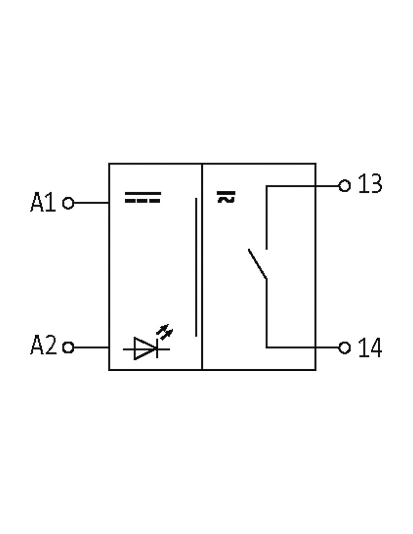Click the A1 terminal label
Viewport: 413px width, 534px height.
click(43, 202)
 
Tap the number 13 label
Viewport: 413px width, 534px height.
click(370, 184)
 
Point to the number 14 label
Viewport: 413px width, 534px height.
click(370, 347)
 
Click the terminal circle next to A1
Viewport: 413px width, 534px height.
click(68, 203)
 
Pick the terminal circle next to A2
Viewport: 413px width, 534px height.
click(68, 347)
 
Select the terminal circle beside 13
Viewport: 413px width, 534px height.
click(344, 186)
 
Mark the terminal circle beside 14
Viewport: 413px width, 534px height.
click(344, 348)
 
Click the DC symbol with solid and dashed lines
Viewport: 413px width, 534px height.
click(143, 197)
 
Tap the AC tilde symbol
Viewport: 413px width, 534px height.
click(226, 197)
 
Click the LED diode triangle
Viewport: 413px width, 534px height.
click(145, 348)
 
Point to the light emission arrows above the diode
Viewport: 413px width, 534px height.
click(164, 332)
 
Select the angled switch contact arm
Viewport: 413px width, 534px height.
click(258, 264)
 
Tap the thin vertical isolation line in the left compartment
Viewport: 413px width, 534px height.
click(196, 267)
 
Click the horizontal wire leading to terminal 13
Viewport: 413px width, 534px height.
click(303, 186)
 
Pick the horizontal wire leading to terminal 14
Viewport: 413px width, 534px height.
click(303, 348)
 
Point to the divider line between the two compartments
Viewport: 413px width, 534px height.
click(202, 267)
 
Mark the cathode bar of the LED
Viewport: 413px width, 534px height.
click(157, 348)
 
